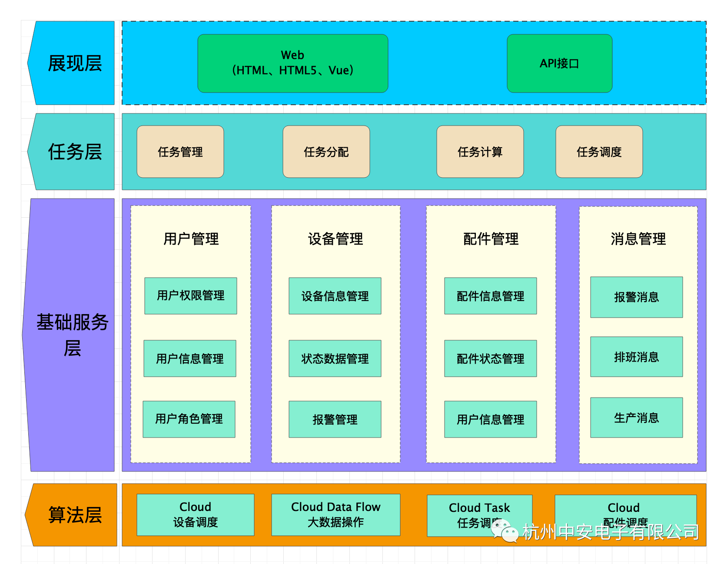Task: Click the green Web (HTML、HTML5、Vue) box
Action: (292, 63)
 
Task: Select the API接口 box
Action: (559, 63)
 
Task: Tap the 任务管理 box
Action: (180, 152)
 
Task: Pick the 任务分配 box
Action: (326, 152)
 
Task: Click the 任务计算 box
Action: (480, 152)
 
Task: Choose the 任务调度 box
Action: (599, 152)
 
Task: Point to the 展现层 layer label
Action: (74, 63)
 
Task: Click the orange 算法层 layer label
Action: (74, 515)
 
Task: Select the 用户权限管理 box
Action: (190, 296)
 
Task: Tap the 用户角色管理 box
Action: (189, 419)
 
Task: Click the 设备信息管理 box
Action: (335, 296)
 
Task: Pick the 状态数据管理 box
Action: (335, 358)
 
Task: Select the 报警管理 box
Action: (335, 419)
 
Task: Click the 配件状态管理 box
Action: (490, 358)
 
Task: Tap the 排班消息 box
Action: (636, 357)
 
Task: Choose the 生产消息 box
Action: (636, 418)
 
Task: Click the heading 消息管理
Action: (638, 239)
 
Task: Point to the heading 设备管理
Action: (335, 239)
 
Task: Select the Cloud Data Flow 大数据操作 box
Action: (335, 514)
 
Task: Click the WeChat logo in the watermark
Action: (505, 531)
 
